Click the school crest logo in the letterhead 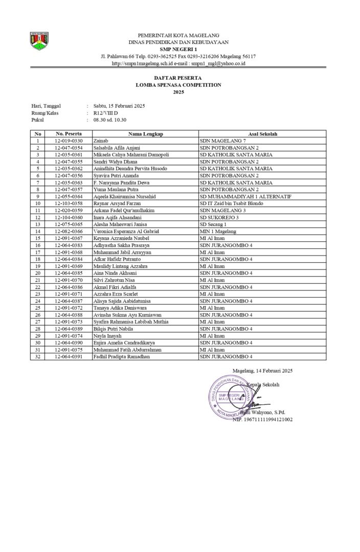tap(39, 41)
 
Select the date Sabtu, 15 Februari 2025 tap(119, 106)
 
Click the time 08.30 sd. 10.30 tap(109, 120)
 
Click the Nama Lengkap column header tap(146, 134)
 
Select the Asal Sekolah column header tap(262, 134)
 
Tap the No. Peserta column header tap(69, 134)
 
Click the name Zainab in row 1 tap(100, 141)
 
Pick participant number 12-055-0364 tap(69, 196)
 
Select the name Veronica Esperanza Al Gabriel tap(126, 232)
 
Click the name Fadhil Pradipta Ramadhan tap(122, 357)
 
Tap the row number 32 tap(38, 357)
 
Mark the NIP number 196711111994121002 tap(262, 420)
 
